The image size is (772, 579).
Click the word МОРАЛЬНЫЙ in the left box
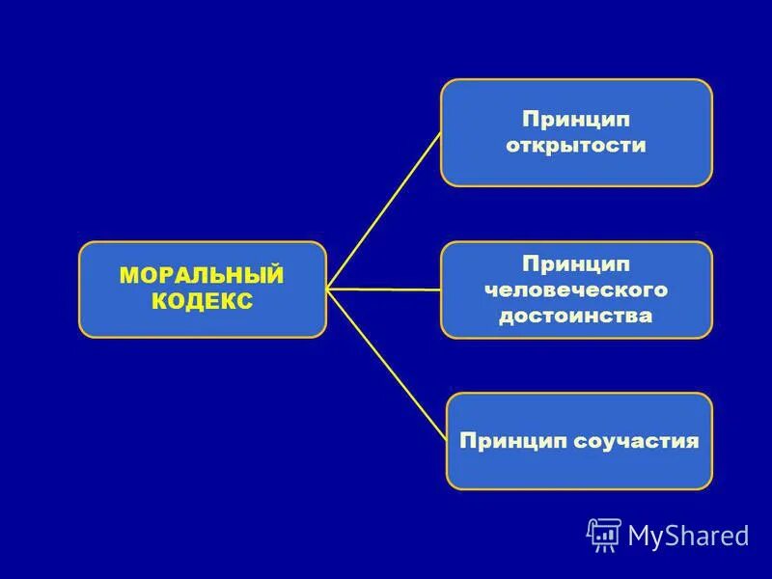[x=202, y=276]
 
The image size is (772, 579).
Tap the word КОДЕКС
[x=202, y=302]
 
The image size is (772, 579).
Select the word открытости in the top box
[x=576, y=146]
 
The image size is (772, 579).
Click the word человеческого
[x=575, y=289]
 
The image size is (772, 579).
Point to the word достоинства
[x=575, y=316]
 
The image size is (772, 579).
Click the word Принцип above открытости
[x=576, y=120]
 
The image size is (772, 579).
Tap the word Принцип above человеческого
[x=575, y=263]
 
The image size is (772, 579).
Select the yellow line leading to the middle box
[x=386, y=289]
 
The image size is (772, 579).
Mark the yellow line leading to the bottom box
[x=386, y=363]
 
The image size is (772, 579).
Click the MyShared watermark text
[x=688, y=535]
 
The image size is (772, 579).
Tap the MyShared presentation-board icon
[x=604, y=535]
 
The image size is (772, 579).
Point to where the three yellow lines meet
[x=328, y=288]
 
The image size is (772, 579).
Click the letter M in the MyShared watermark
[x=641, y=535]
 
